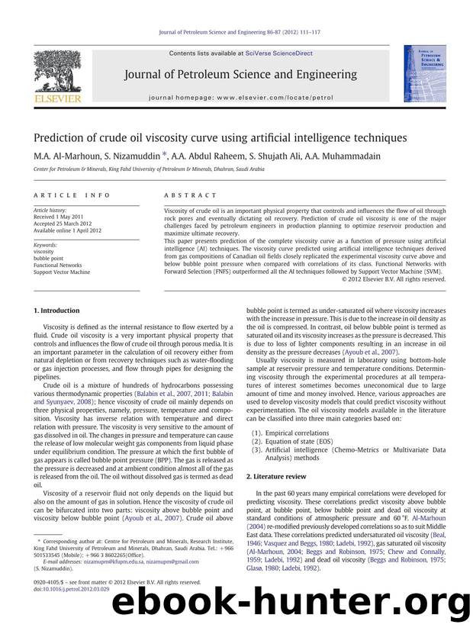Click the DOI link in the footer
pyautogui.click(x=72, y=590)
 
